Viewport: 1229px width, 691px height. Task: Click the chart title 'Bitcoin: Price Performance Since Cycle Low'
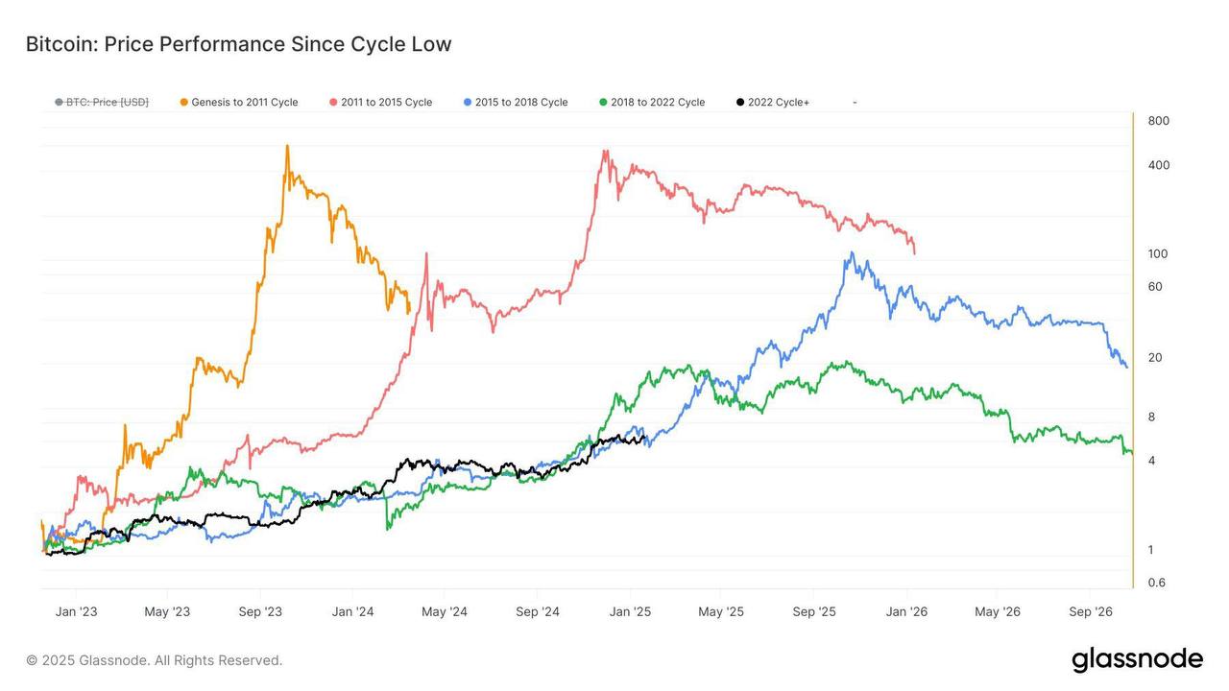tap(238, 44)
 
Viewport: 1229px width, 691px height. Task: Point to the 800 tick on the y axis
tap(1158, 121)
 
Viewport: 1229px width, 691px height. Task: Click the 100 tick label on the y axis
tap(1158, 254)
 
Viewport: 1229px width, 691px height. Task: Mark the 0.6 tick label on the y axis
tap(1156, 583)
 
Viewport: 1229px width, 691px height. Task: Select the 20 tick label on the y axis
tap(1155, 358)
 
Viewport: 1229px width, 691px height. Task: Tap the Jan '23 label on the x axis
tap(76, 611)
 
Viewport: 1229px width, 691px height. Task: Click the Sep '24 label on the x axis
tap(537, 611)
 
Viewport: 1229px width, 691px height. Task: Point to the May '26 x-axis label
tap(998, 611)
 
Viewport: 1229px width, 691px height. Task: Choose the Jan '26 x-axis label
tap(906, 611)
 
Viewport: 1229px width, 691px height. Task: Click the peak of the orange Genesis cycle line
tap(287, 147)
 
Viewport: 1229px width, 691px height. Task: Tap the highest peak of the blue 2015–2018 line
tap(851, 253)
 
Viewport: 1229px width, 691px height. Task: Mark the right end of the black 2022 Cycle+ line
tap(645, 439)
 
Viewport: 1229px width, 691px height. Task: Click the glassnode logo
tap(1137, 659)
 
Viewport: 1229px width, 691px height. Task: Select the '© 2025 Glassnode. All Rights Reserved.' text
tap(155, 660)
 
